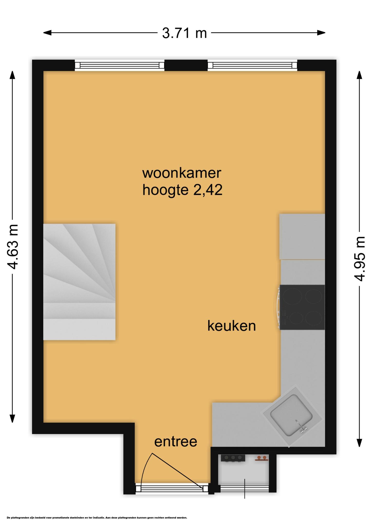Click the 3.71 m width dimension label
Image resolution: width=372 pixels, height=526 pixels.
click(x=184, y=33)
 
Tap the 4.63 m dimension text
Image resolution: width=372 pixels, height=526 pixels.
click(x=13, y=247)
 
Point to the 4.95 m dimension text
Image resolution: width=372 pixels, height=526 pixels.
click(x=359, y=259)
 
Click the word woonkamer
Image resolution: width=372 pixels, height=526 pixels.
click(x=182, y=173)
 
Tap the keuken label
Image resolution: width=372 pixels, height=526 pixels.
click(x=231, y=326)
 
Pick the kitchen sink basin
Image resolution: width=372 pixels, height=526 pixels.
click(x=291, y=415)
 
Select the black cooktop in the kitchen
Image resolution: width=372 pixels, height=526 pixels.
click(x=302, y=307)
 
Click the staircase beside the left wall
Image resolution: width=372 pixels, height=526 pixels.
click(x=79, y=282)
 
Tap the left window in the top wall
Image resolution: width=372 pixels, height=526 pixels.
click(x=119, y=65)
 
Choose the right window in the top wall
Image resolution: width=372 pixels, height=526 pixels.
click(x=252, y=65)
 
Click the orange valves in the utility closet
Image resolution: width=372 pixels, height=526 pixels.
click(x=262, y=458)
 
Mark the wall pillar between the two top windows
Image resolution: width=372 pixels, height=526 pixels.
click(x=186, y=65)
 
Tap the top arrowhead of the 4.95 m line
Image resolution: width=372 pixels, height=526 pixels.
click(x=359, y=75)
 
